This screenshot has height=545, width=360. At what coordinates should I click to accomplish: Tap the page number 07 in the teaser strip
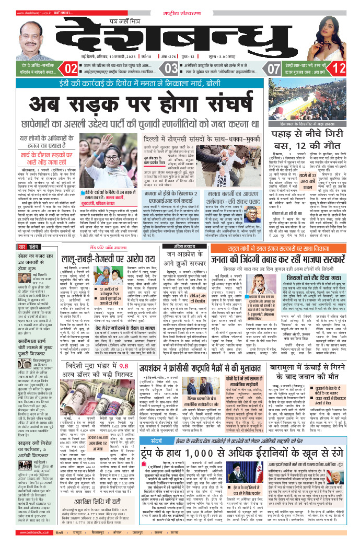(274, 68)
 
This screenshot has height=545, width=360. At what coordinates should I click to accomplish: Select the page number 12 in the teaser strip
(339, 68)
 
